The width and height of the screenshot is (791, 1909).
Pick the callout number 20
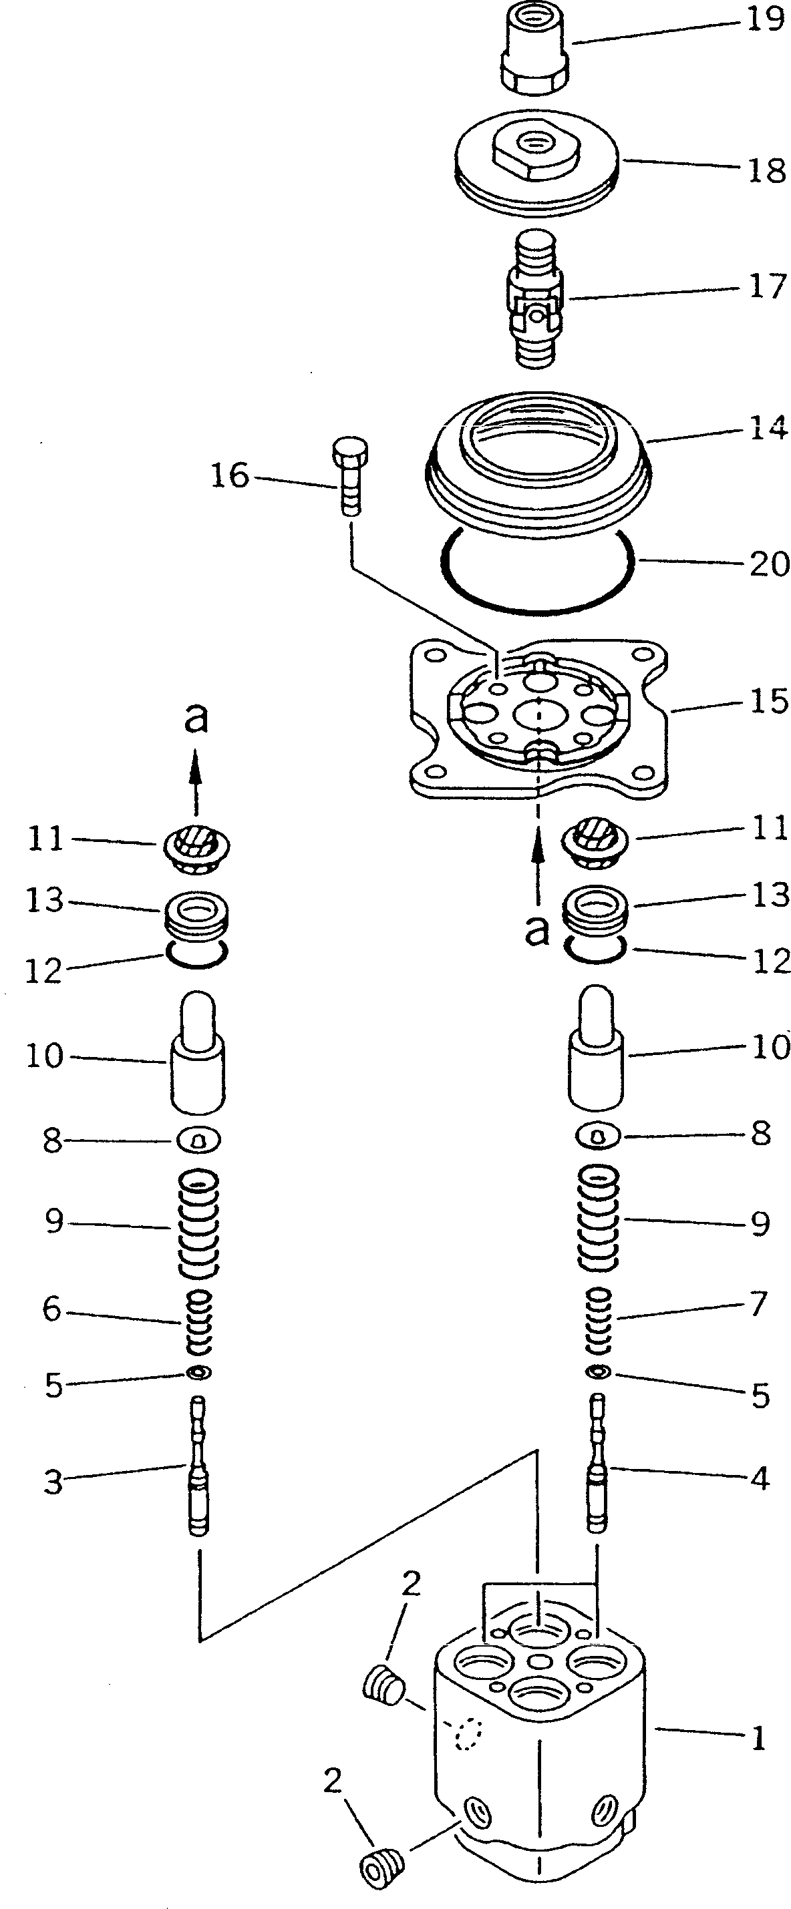pos(769,564)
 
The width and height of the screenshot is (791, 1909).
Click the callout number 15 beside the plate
pos(769,700)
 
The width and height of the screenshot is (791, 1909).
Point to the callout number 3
pos(53,1482)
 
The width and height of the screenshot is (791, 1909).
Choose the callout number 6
pos(51,1309)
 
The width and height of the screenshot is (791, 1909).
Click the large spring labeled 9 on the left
pos(197,1223)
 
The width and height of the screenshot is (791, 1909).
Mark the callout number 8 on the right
pos(760,1133)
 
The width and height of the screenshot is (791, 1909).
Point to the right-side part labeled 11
pos(597,839)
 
